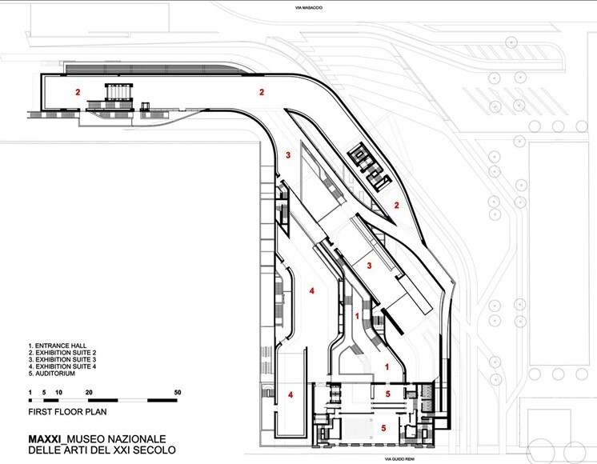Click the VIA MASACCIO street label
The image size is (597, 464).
point(309,8)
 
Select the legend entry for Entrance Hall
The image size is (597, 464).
point(57,346)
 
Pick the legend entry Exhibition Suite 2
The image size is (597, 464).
point(62,353)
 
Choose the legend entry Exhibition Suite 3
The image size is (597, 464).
point(62,359)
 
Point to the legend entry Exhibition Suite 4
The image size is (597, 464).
point(62,366)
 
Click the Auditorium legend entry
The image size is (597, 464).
point(51,374)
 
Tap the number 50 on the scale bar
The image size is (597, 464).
point(178,393)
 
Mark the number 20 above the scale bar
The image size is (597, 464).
point(89,393)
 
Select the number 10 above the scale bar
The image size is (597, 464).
point(58,393)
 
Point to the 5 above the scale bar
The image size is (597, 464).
point(44,393)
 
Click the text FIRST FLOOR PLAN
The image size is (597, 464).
point(67,412)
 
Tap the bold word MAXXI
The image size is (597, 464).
point(45,439)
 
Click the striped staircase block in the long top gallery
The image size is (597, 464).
point(118,92)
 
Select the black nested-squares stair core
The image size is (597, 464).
point(369,167)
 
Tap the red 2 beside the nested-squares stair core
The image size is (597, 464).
point(396,206)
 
